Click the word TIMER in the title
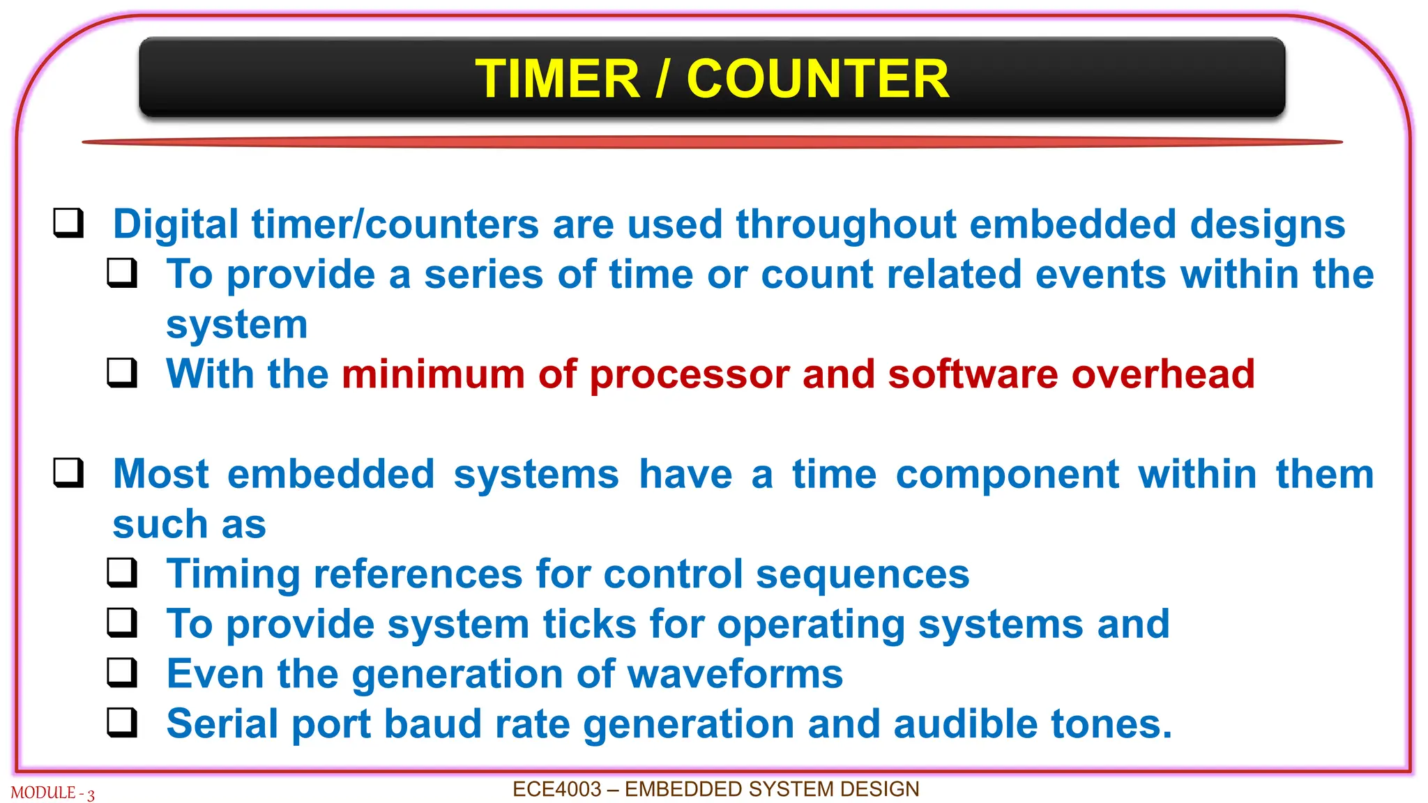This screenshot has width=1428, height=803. tap(557, 79)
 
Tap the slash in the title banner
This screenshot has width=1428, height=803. tap(663, 79)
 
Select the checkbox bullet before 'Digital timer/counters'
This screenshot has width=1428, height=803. tap(68, 223)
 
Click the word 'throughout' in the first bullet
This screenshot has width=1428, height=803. tap(846, 224)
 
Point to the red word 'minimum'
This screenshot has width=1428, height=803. tap(432, 374)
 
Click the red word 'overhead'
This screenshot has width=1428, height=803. tap(1162, 374)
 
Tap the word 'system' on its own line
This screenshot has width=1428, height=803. tap(236, 325)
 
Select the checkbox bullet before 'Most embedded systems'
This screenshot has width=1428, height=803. tap(68, 473)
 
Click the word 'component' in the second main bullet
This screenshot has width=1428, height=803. tap(1007, 475)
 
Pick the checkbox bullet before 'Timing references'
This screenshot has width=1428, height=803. tap(122, 573)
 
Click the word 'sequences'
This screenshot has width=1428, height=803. tap(863, 575)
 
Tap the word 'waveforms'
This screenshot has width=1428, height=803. tap(735, 674)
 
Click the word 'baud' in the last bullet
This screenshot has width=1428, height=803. tap(432, 724)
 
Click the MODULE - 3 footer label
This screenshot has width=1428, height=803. tap(52, 793)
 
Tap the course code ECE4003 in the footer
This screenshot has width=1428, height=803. tap(556, 789)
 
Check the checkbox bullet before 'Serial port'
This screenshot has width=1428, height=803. tap(122, 722)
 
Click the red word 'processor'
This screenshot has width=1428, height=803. tap(689, 375)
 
